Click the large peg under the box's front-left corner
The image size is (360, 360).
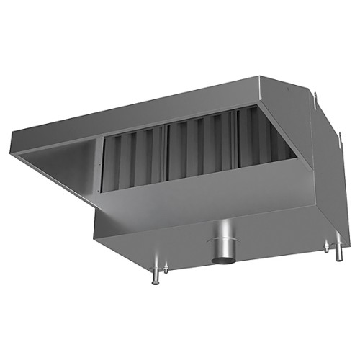coord(154,276)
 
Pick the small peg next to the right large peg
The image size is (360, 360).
coord(326,247)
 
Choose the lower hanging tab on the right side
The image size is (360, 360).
coord(338,136)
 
